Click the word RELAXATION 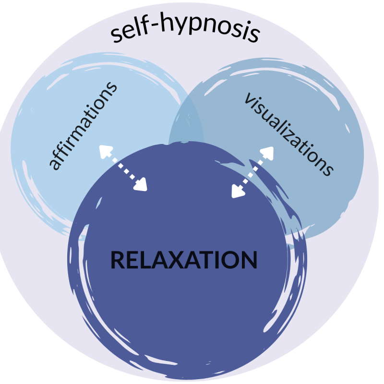pos(184,260)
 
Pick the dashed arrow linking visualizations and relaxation pos(252,172)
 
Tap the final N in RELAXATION pos(249,260)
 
